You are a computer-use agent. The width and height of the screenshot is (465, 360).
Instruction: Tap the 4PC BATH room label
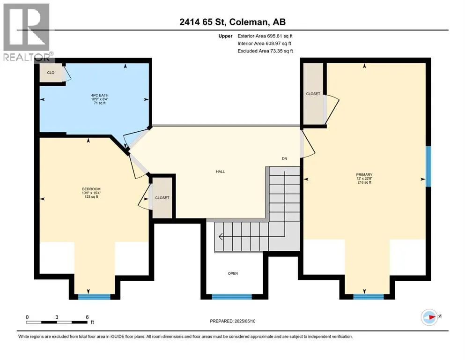point(100,95)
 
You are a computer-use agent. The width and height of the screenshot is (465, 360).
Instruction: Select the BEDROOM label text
point(91,189)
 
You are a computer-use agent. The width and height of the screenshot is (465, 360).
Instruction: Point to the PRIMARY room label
point(364,175)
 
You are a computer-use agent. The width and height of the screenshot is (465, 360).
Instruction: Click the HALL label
point(221,172)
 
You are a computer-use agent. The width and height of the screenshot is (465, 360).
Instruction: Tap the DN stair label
point(284,158)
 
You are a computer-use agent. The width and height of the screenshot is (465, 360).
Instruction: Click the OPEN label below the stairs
point(233,273)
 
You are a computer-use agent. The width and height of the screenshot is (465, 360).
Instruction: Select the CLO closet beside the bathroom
point(51,73)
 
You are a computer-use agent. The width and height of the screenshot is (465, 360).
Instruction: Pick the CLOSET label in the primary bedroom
point(313,94)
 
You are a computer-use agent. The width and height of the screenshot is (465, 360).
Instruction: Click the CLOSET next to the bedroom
point(162,198)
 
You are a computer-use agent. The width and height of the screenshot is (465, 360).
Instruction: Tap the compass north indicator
point(430,317)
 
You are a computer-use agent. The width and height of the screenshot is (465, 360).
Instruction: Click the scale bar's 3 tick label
point(57,317)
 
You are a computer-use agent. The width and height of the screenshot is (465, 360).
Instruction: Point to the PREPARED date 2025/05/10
point(232,321)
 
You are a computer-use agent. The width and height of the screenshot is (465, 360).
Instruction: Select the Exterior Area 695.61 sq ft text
point(265,36)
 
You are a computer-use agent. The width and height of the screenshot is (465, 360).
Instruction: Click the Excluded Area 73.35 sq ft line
point(265,51)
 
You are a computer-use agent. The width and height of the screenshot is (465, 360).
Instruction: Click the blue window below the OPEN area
point(232,297)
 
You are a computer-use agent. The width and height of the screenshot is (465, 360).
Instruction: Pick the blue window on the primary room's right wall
point(428,166)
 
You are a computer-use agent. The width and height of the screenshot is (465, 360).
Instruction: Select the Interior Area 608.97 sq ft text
point(264,43)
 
